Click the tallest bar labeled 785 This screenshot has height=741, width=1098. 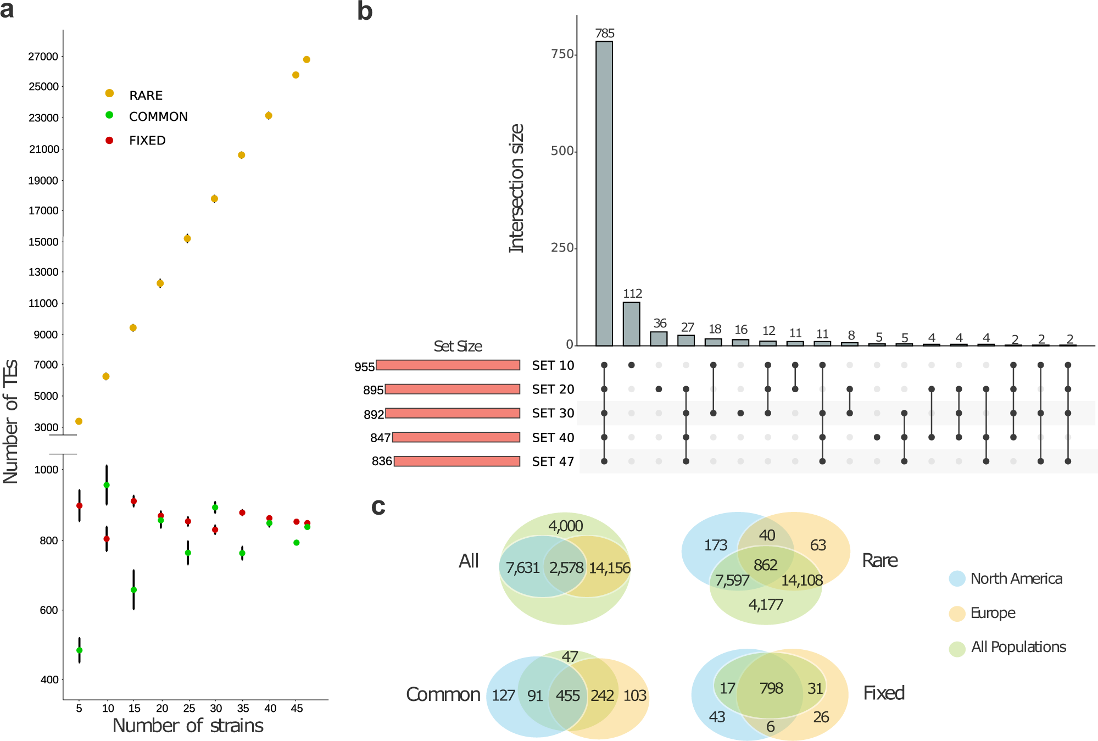(604, 192)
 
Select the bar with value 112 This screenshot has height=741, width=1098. (631, 324)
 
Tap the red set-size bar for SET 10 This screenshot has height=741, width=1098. (448, 365)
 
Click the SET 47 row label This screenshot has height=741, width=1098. (553, 461)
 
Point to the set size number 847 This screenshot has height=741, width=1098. (380, 438)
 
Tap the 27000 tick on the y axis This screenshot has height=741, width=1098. (43, 57)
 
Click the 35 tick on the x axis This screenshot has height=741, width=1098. (243, 709)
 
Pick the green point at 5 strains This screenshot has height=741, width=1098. (79, 650)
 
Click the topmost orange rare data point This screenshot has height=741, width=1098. (306, 59)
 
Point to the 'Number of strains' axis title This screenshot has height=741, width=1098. (188, 726)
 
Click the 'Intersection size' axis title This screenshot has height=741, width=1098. (516, 188)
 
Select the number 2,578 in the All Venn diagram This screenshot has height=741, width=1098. (566, 568)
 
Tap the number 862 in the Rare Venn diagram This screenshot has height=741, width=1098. (765, 565)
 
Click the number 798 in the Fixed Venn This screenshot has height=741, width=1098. (771, 688)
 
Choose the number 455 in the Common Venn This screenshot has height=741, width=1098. (567, 696)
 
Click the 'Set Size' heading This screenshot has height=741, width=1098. (458, 347)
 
